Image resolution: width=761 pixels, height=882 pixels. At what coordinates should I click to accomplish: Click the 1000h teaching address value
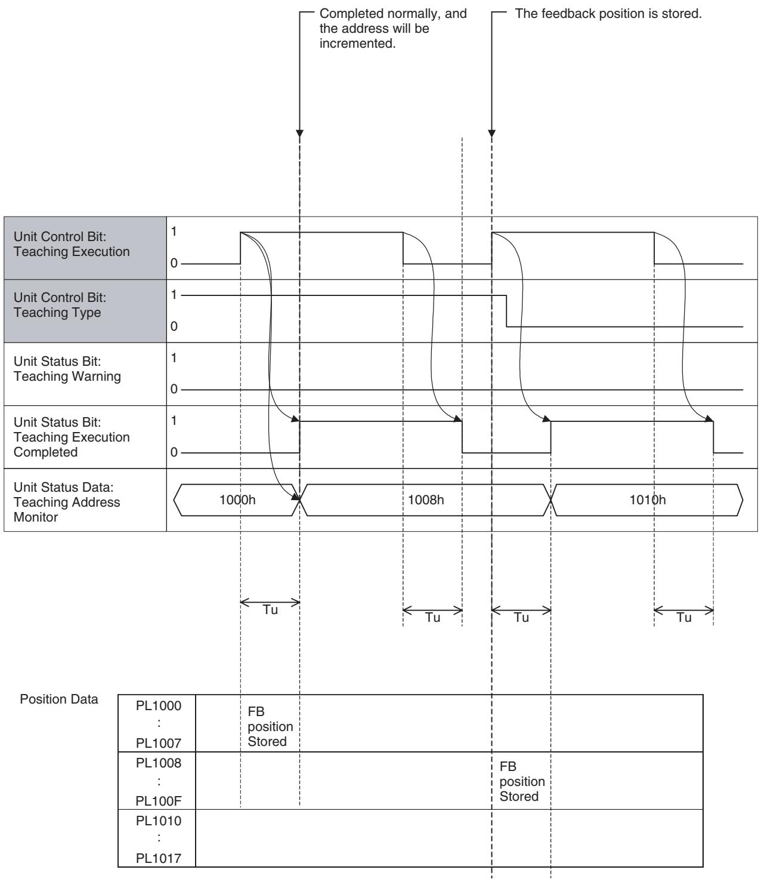[237, 499]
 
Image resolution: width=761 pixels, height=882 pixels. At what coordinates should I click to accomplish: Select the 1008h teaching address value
[426, 499]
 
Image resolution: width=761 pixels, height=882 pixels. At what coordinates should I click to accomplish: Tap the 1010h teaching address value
[648, 499]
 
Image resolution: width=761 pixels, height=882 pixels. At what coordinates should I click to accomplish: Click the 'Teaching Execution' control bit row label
[72, 244]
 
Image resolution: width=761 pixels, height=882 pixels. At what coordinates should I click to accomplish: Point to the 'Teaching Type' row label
[60, 305]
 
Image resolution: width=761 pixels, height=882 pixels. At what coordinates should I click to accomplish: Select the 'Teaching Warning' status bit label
[67, 369]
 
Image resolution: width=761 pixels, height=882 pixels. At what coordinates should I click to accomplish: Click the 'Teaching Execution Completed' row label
[72, 437]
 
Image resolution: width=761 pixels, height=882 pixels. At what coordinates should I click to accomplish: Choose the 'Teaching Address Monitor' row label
[67, 502]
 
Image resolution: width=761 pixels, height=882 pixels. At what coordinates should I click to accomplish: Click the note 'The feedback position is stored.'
[608, 14]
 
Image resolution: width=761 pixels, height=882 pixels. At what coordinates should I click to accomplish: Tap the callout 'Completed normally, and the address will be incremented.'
[393, 29]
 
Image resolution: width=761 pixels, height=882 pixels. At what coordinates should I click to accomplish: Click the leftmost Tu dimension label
[270, 610]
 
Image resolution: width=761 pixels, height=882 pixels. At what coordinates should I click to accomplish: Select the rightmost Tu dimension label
[684, 618]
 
